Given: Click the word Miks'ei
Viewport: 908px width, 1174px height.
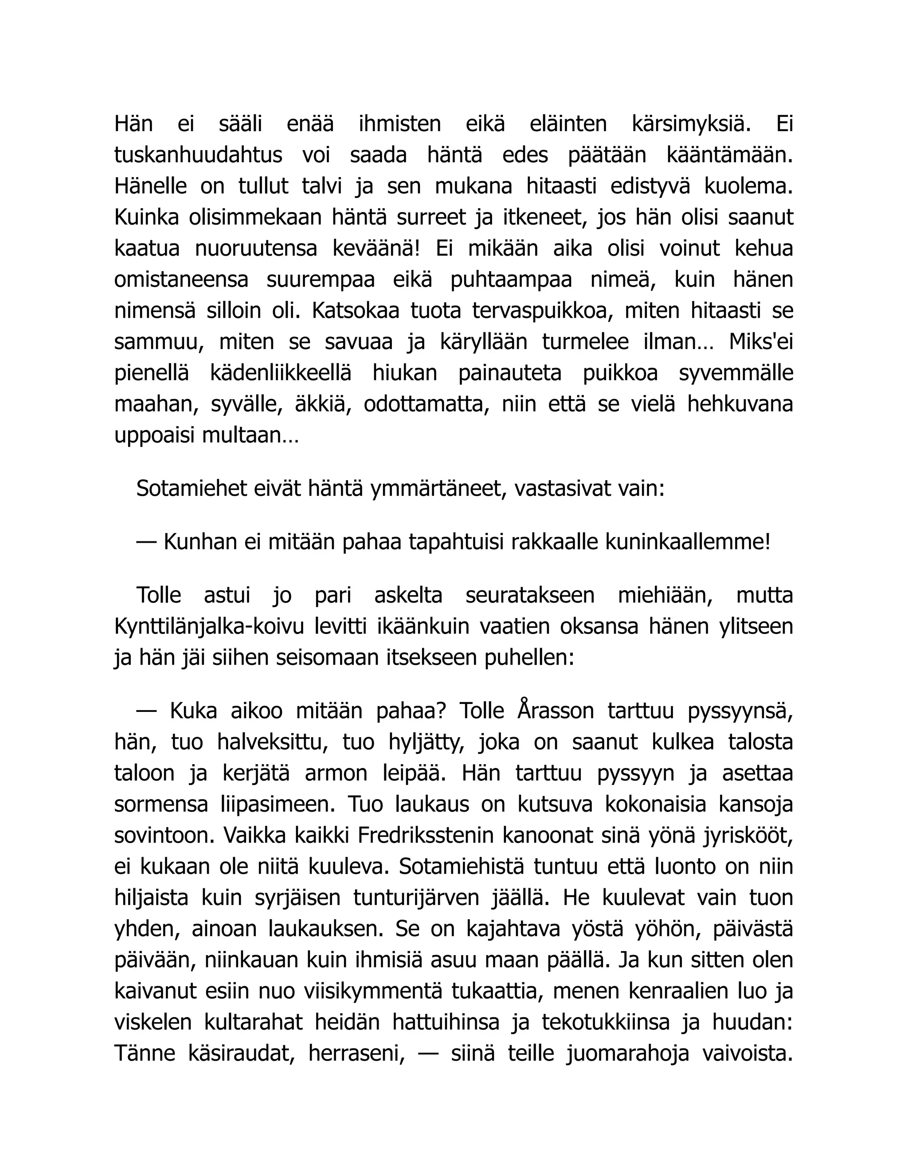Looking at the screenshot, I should coord(761,342).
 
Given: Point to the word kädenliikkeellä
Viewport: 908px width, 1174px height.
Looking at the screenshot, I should coord(280,373).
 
